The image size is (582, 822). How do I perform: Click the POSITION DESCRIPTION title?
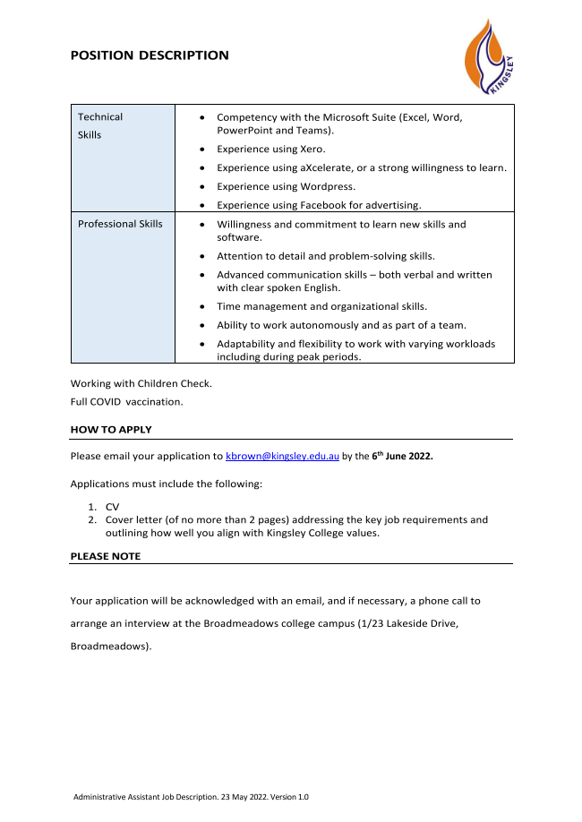pyautogui.click(x=150, y=56)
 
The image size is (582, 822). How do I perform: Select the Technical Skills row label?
pyautogui.click(x=100, y=125)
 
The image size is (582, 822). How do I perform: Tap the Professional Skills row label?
pyautogui.click(x=120, y=224)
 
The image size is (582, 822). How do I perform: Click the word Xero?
pyautogui.click(x=311, y=149)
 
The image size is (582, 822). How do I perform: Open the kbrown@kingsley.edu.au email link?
pyautogui.click(x=282, y=456)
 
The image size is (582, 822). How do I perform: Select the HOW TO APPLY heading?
pyautogui.click(x=111, y=430)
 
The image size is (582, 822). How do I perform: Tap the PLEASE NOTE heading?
pyautogui.click(x=106, y=556)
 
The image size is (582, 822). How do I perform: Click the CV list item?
pyautogui.click(x=112, y=507)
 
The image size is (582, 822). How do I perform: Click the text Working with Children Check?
pyautogui.click(x=141, y=383)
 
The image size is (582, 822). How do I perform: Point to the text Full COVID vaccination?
pyautogui.click(x=126, y=401)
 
